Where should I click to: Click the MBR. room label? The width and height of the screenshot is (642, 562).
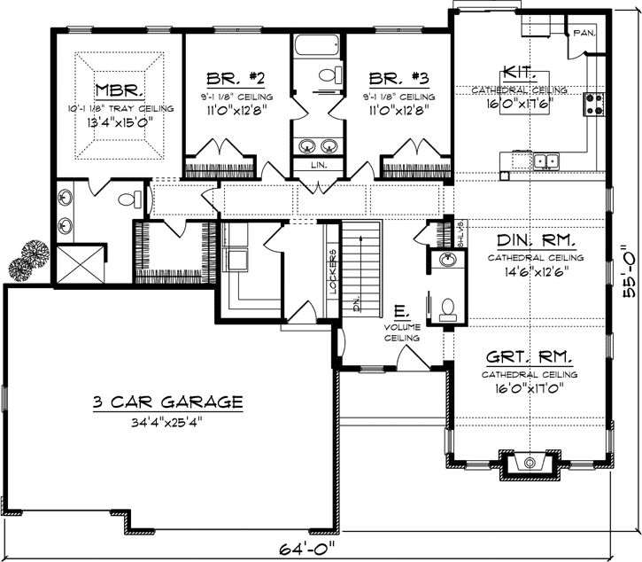point(119,90)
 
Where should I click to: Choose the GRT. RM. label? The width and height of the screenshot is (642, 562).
point(529,358)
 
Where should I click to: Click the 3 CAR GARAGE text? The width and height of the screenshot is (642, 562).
point(166,402)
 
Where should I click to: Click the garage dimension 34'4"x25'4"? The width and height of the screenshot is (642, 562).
point(166,421)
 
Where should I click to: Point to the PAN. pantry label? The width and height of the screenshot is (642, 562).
point(584,33)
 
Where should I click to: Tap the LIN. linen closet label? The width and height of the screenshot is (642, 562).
point(318,165)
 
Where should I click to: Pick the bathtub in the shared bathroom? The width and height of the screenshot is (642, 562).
point(318,45)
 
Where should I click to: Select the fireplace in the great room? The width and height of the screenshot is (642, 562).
point(530,463)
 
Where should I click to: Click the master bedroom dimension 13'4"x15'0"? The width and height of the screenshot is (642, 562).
point(119,123)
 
